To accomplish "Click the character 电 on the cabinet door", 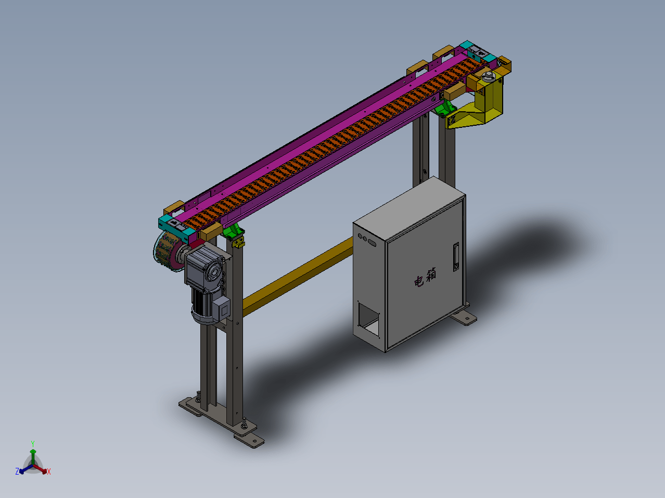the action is [x=419, y=281].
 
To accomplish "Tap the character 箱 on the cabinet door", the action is [x=431, y=274].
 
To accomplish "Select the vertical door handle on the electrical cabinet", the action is [x=456, y=257].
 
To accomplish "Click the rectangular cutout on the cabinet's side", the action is [x=369, y=320].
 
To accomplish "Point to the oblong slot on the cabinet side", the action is [x=372, y=243].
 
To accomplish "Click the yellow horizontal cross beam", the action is [x=298, y=277].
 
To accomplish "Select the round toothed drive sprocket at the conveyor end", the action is [x=169, y=251].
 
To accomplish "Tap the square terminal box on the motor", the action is [x=222, y=308].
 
